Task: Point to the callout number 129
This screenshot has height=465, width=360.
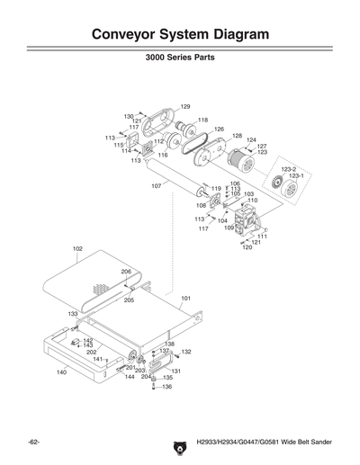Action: pos(185,107)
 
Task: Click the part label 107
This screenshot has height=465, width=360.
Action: pos(156,185)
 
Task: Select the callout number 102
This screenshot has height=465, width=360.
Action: pos(77,248)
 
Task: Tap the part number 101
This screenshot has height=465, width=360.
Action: pos(186,298)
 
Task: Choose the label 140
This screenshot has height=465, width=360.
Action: pos(61,371)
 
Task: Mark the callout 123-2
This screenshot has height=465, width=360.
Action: pos(288,168)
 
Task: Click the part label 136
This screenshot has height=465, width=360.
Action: pos(166,387)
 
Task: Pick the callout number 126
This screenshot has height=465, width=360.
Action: pos(218,130)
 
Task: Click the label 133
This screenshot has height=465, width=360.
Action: pos(72,314)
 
